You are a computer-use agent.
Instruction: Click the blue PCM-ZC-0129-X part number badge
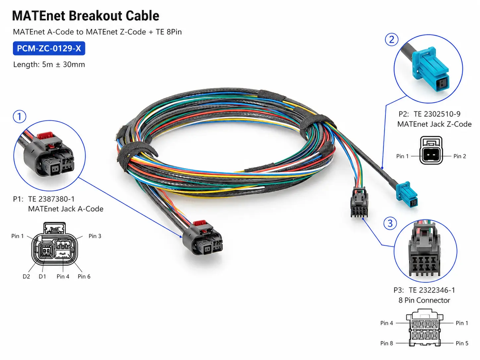tap(49, 48)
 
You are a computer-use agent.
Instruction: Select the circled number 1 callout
tap(20, 116)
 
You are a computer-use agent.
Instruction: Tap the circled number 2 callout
tap(391, 39)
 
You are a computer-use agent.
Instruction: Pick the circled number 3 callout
tap(390, 223)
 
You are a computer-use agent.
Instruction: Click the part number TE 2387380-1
tap(51, 199)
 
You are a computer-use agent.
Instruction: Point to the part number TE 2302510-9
tap(437, 114)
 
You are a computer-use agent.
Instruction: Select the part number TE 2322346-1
tap(432, 290)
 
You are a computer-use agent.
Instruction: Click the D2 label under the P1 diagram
tap(26, 276)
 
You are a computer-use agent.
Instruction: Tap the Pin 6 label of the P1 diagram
tap(84, 276)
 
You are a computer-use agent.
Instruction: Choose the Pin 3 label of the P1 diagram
tap(95, 236)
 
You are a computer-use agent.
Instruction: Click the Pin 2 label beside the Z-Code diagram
tap(460, 156)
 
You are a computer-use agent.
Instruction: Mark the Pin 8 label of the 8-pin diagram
tap(387, 343)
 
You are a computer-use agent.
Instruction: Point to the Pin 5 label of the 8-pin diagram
tap(462, 343)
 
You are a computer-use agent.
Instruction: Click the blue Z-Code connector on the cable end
tap(407, 194)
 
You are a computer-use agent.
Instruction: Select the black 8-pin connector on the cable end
tap(359, 202)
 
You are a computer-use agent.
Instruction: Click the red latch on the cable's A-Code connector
tap(200, 223)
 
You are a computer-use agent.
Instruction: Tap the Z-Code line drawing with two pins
tap(431, 150)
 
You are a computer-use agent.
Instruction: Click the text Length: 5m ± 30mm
tap(49, 65)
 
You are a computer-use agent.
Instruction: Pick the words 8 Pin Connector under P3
tap(424, 300)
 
